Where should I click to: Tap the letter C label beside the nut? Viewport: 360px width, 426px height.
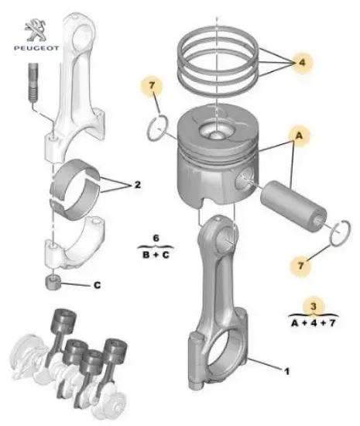tap(98, 285)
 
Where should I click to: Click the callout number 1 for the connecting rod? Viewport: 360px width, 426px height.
tap(286, 372)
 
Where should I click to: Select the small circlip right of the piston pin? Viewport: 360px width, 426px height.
tap(337, 232)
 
